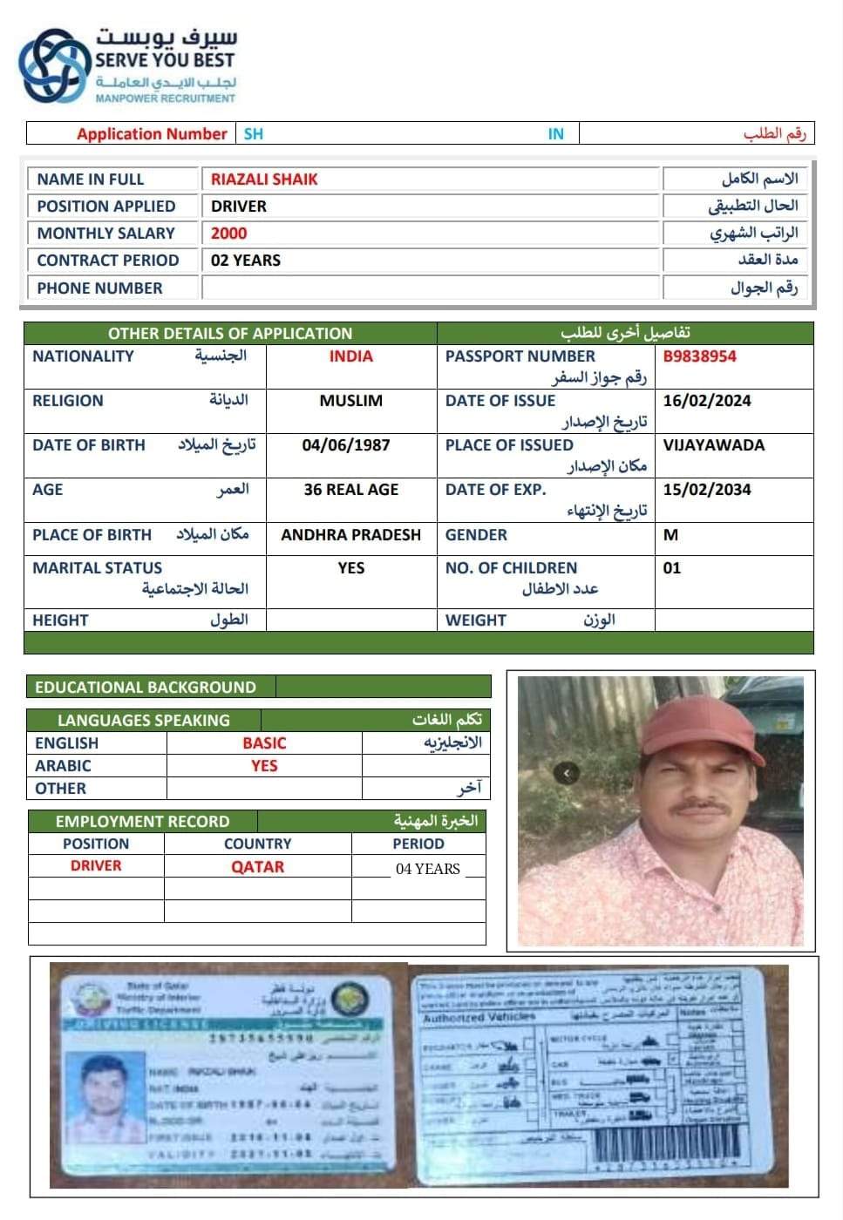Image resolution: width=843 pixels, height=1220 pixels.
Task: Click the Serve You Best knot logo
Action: (x=54, y=65)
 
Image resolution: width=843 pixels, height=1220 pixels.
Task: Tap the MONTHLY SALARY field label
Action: (x=105, y=234)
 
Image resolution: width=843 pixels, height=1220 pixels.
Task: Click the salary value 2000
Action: (x=228, y=234)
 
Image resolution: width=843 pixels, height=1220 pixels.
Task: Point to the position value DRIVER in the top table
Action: (x=239, y=207)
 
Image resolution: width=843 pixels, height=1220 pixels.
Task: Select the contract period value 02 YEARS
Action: (x=246, y=261)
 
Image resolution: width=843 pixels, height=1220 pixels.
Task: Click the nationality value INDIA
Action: (x=350, y=356)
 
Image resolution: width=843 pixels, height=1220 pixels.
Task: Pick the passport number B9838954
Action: (x=699, y=356)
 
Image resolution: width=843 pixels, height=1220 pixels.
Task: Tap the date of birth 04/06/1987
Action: (x=346, y=445)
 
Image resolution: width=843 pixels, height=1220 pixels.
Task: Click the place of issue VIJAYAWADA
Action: (x=713, y=445)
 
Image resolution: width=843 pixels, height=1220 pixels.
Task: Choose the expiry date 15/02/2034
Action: (x=706, y=490)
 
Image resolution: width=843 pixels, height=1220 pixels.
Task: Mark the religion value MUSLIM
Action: (x=350, y=401)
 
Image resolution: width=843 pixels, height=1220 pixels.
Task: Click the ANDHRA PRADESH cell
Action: (x=350, y=535)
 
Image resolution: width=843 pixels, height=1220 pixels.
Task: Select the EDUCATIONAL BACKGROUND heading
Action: (x=146, y=688)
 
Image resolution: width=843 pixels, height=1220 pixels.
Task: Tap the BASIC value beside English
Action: (x=264, y=743)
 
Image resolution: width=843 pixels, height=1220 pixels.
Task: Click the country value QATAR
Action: (x=257, y=867)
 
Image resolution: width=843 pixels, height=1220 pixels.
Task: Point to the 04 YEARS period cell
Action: (x=427, y=869)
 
